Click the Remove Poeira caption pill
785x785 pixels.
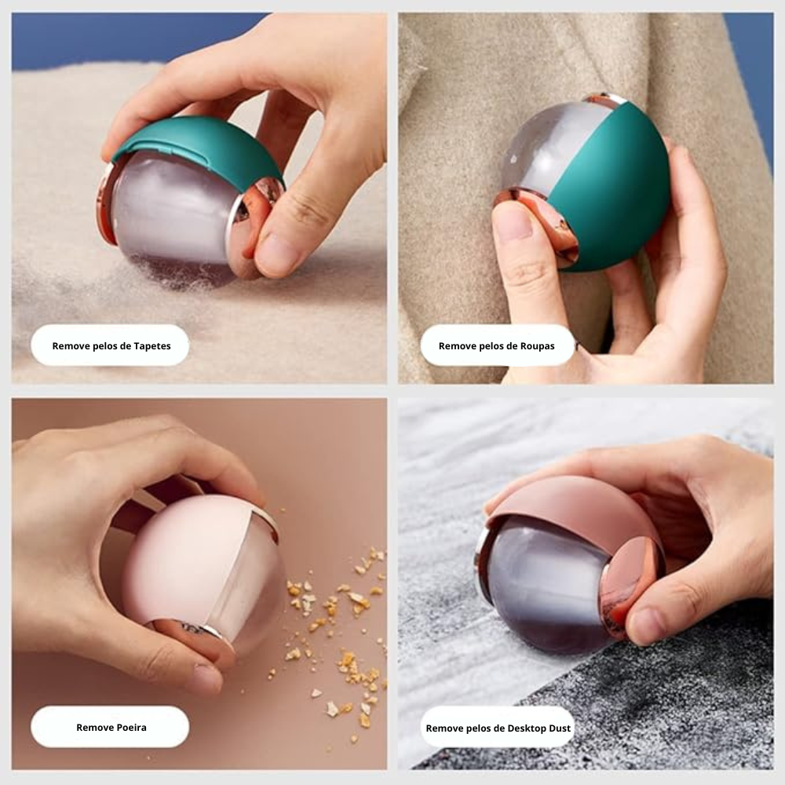(x=110, y=727)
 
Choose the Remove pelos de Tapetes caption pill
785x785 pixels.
(x=110, y=345)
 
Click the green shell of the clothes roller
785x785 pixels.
(x=620, y=188)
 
